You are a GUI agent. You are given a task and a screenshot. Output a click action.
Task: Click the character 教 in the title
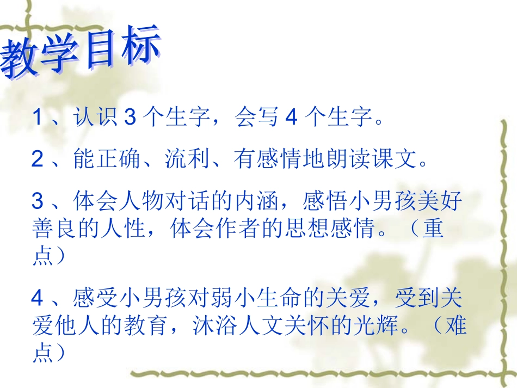(22, 60)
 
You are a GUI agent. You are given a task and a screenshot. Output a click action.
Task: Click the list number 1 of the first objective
(37, 117)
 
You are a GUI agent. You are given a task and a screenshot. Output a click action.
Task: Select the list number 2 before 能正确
(37, 159)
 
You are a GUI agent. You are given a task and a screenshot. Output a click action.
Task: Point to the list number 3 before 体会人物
(37, 202)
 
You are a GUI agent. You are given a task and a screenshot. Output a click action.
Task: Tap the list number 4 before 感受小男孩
(37, 298)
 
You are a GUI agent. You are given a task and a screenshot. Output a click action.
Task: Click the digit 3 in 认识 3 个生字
(129, 117)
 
